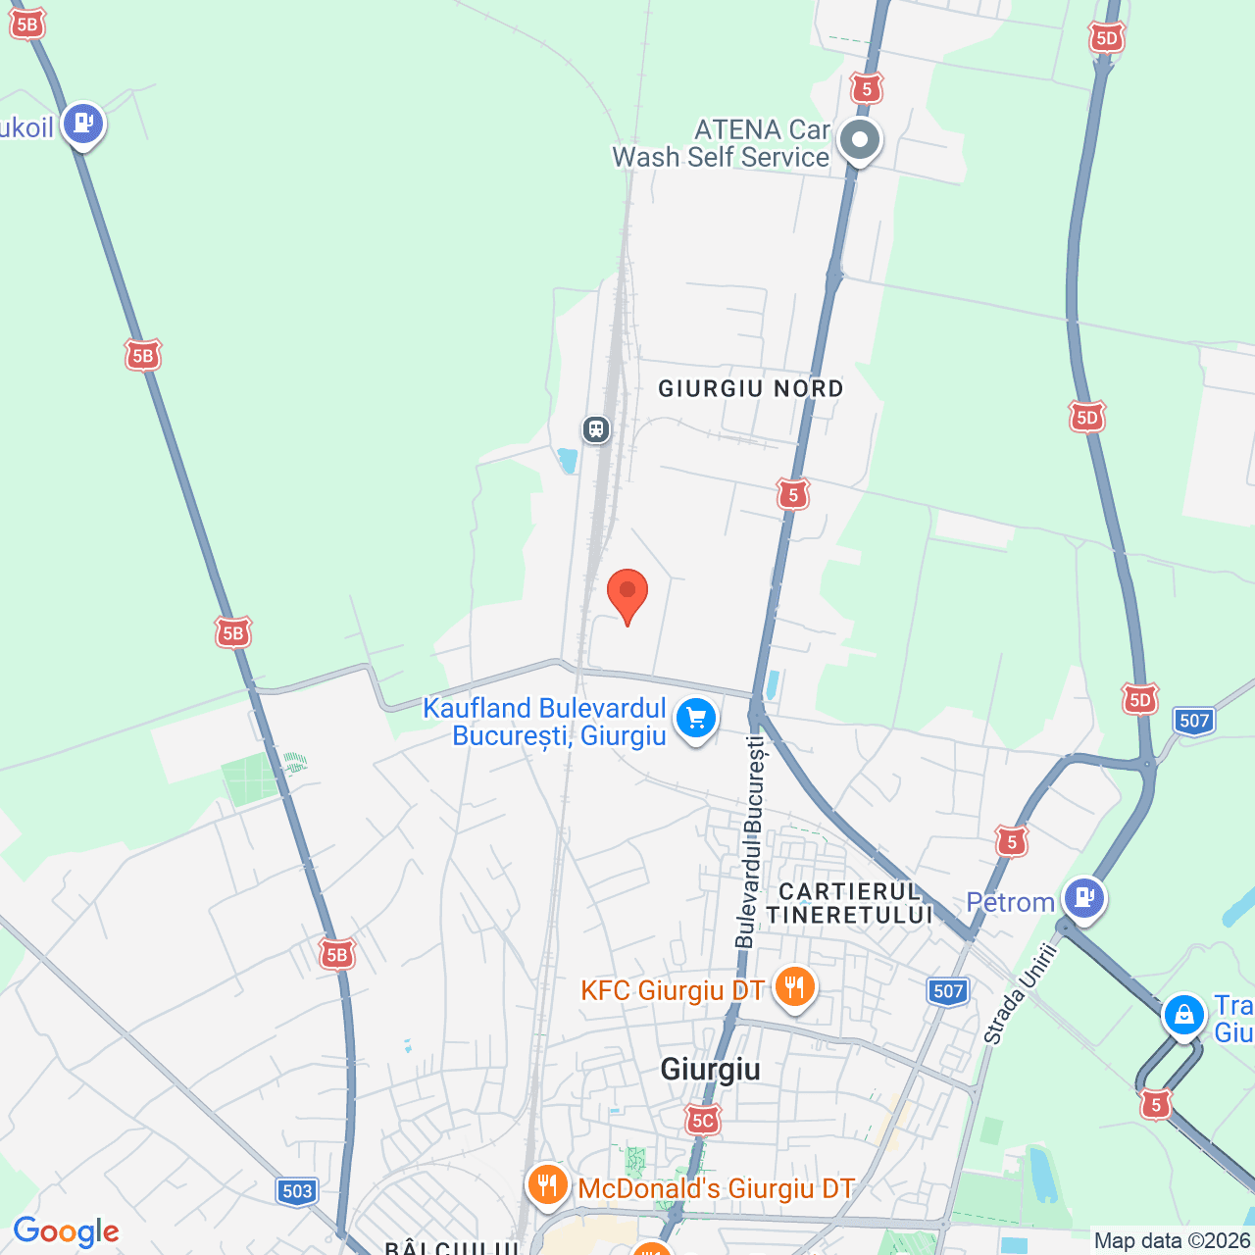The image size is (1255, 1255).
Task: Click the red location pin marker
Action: (x=627, y=593)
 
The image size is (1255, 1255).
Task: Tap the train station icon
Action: (x=596, y=429)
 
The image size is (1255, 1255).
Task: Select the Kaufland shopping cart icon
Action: (x=696, y=719)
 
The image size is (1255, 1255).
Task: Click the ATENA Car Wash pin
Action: (x=860, y=140)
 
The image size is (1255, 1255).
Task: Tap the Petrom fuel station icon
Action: (x=1083, y=897)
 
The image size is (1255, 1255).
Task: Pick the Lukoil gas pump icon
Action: (x=83, y=124)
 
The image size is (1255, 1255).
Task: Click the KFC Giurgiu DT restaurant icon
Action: (x=794, y=986)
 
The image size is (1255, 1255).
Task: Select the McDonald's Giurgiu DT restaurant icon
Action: (x=547, y=1185)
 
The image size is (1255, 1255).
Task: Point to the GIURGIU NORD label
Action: (x=750, y=389)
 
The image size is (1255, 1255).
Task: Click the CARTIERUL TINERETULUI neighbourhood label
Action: (x=849, y=903)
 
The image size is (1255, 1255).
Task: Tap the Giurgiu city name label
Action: (x=710, y=1069)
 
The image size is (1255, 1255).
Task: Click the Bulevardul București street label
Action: (x=751, y=843)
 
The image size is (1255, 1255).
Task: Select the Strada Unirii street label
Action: (x=1022, y=992)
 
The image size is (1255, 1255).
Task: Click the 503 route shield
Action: (x=297, y=1191)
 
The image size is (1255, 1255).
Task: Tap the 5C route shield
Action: (x=702, y=1120)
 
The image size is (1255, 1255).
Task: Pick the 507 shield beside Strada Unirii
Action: (x=948, y=991)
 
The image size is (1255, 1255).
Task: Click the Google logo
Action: (x=66, y=1231)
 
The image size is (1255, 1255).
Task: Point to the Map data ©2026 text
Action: (x=1173, y=1241)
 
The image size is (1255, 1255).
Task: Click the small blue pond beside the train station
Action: (x=567, y=460)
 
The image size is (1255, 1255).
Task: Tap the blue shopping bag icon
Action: (x=1183, y=1016)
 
